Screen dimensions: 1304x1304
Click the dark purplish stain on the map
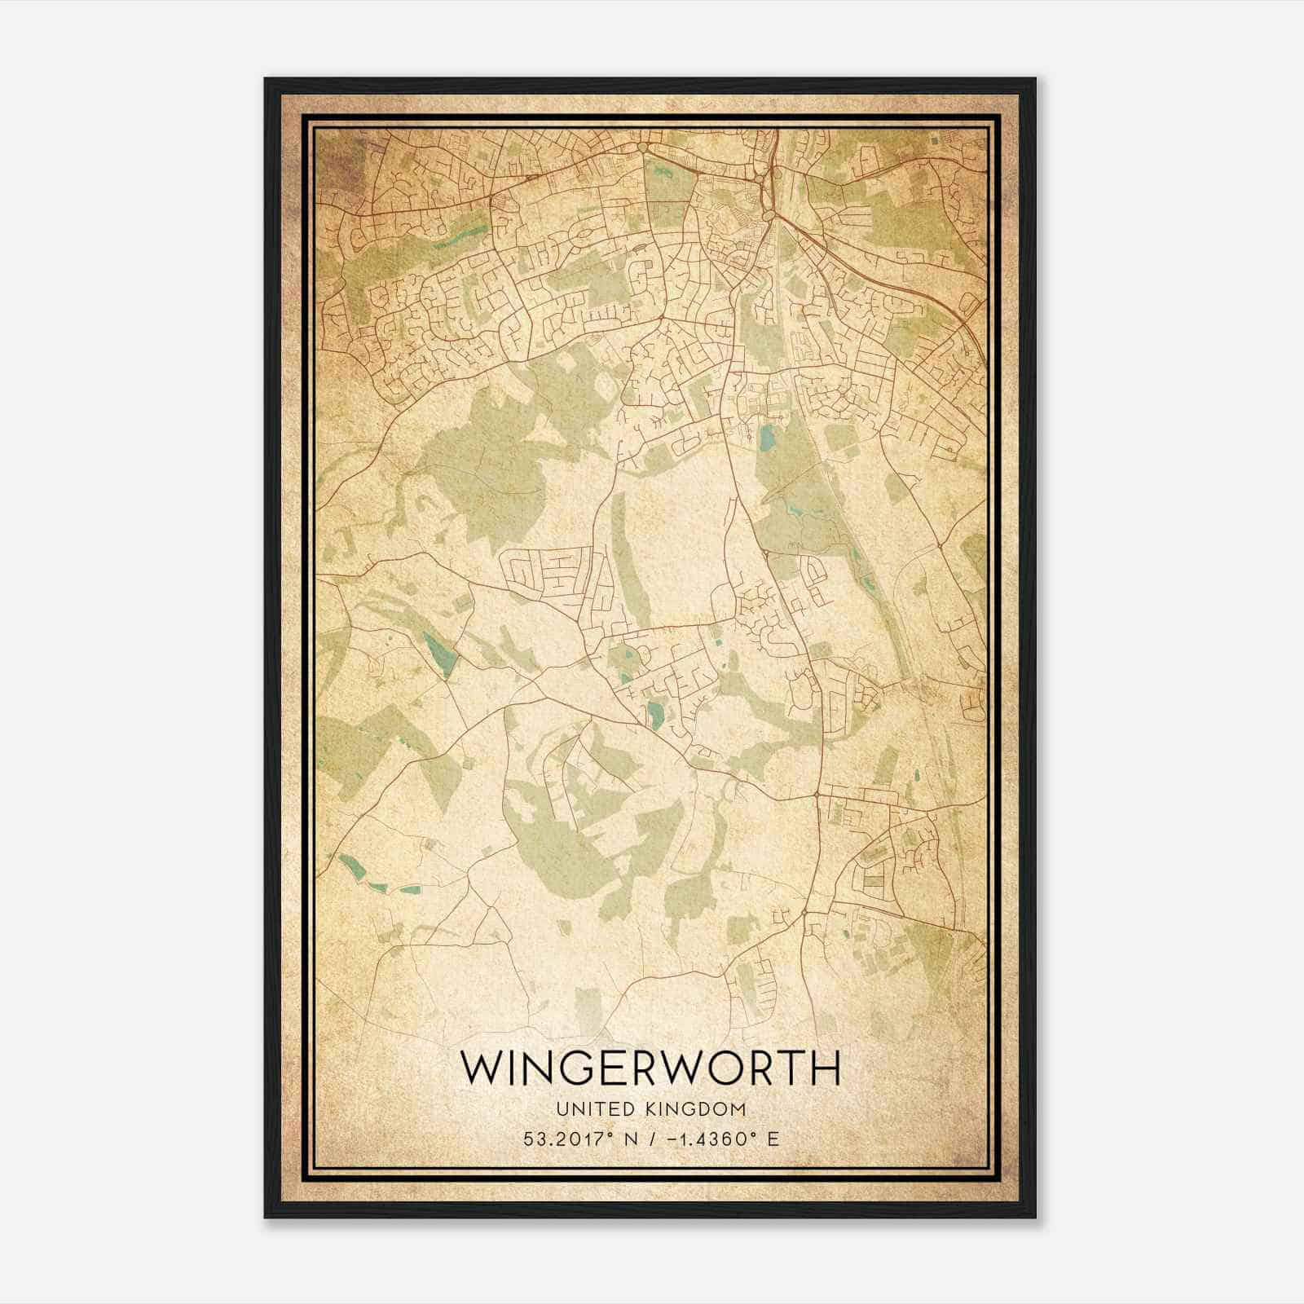click(334, 155)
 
